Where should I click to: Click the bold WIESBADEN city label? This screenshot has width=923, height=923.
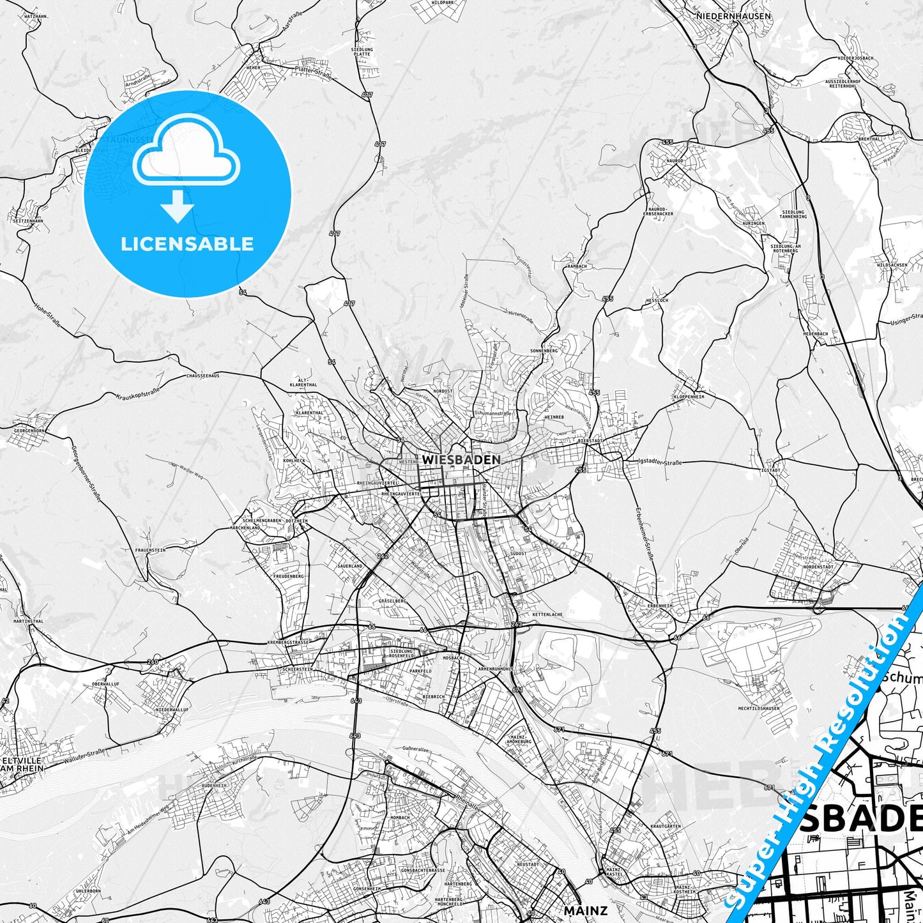coord(461,459)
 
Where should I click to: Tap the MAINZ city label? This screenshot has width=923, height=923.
coord(585,910)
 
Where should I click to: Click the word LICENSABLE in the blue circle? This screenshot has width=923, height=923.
coord(187,244)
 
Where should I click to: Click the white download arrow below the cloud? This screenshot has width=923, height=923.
coord(178,206)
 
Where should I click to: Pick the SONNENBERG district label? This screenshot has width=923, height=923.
coord(544,351)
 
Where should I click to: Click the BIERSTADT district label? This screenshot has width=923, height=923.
coord(590,441)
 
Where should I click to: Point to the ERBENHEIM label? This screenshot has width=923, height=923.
coord(660,606)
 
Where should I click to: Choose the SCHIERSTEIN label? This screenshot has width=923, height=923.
coord(297,669)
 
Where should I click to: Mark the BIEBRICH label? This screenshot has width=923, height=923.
coord(433,696)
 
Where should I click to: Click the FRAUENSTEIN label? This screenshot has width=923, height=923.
coord(150,550)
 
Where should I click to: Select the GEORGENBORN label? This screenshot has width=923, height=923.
coord(29,431)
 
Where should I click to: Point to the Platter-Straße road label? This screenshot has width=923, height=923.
coord(312,72)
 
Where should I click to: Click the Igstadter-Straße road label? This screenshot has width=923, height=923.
coord(660,462)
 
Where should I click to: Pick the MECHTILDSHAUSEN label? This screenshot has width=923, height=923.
coord(759,708)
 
